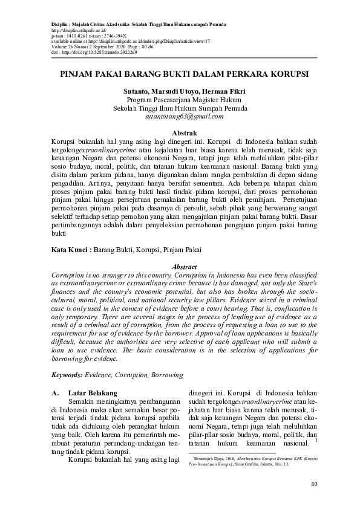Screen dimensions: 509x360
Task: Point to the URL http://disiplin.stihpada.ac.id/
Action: coord(79,30)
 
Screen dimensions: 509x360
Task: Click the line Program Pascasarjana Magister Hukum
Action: coord(184,100)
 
